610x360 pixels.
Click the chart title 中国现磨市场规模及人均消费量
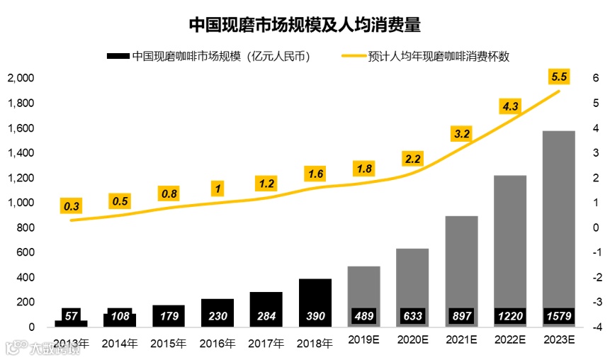pyautogui.click(x=305, y=26)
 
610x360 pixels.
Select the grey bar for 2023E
pyautogui.click(x=558, y=213)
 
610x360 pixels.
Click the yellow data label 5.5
pyautogui.click(x=559, y=76)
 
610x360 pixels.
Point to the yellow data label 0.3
pyautogui.click(x=72, y=206)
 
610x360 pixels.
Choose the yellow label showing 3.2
pyautogui.click(x=461, y=133)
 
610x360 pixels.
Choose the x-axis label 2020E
pyautogui.click(x=412, y=341)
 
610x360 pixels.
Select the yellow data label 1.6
pyautogui.click(x=315, y=174)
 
